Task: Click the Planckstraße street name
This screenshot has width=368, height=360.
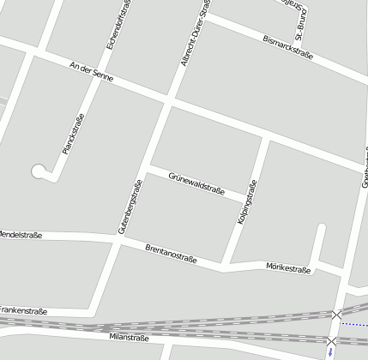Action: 73,134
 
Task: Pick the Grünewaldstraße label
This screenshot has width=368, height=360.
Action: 196,183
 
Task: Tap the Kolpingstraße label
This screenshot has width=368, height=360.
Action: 246,204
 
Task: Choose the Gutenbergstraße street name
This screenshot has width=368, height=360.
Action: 130,207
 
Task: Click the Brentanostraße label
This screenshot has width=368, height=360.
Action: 172,254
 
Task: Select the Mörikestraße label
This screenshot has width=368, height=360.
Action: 288,268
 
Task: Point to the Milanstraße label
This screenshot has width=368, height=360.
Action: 130,338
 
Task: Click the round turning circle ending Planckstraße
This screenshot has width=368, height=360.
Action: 39,171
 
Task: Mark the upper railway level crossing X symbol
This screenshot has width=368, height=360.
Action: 337,315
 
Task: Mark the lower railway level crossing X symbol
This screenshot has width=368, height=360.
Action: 331,341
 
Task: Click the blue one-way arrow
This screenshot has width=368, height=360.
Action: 330,353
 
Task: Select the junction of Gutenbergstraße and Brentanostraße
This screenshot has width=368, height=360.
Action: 116,243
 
